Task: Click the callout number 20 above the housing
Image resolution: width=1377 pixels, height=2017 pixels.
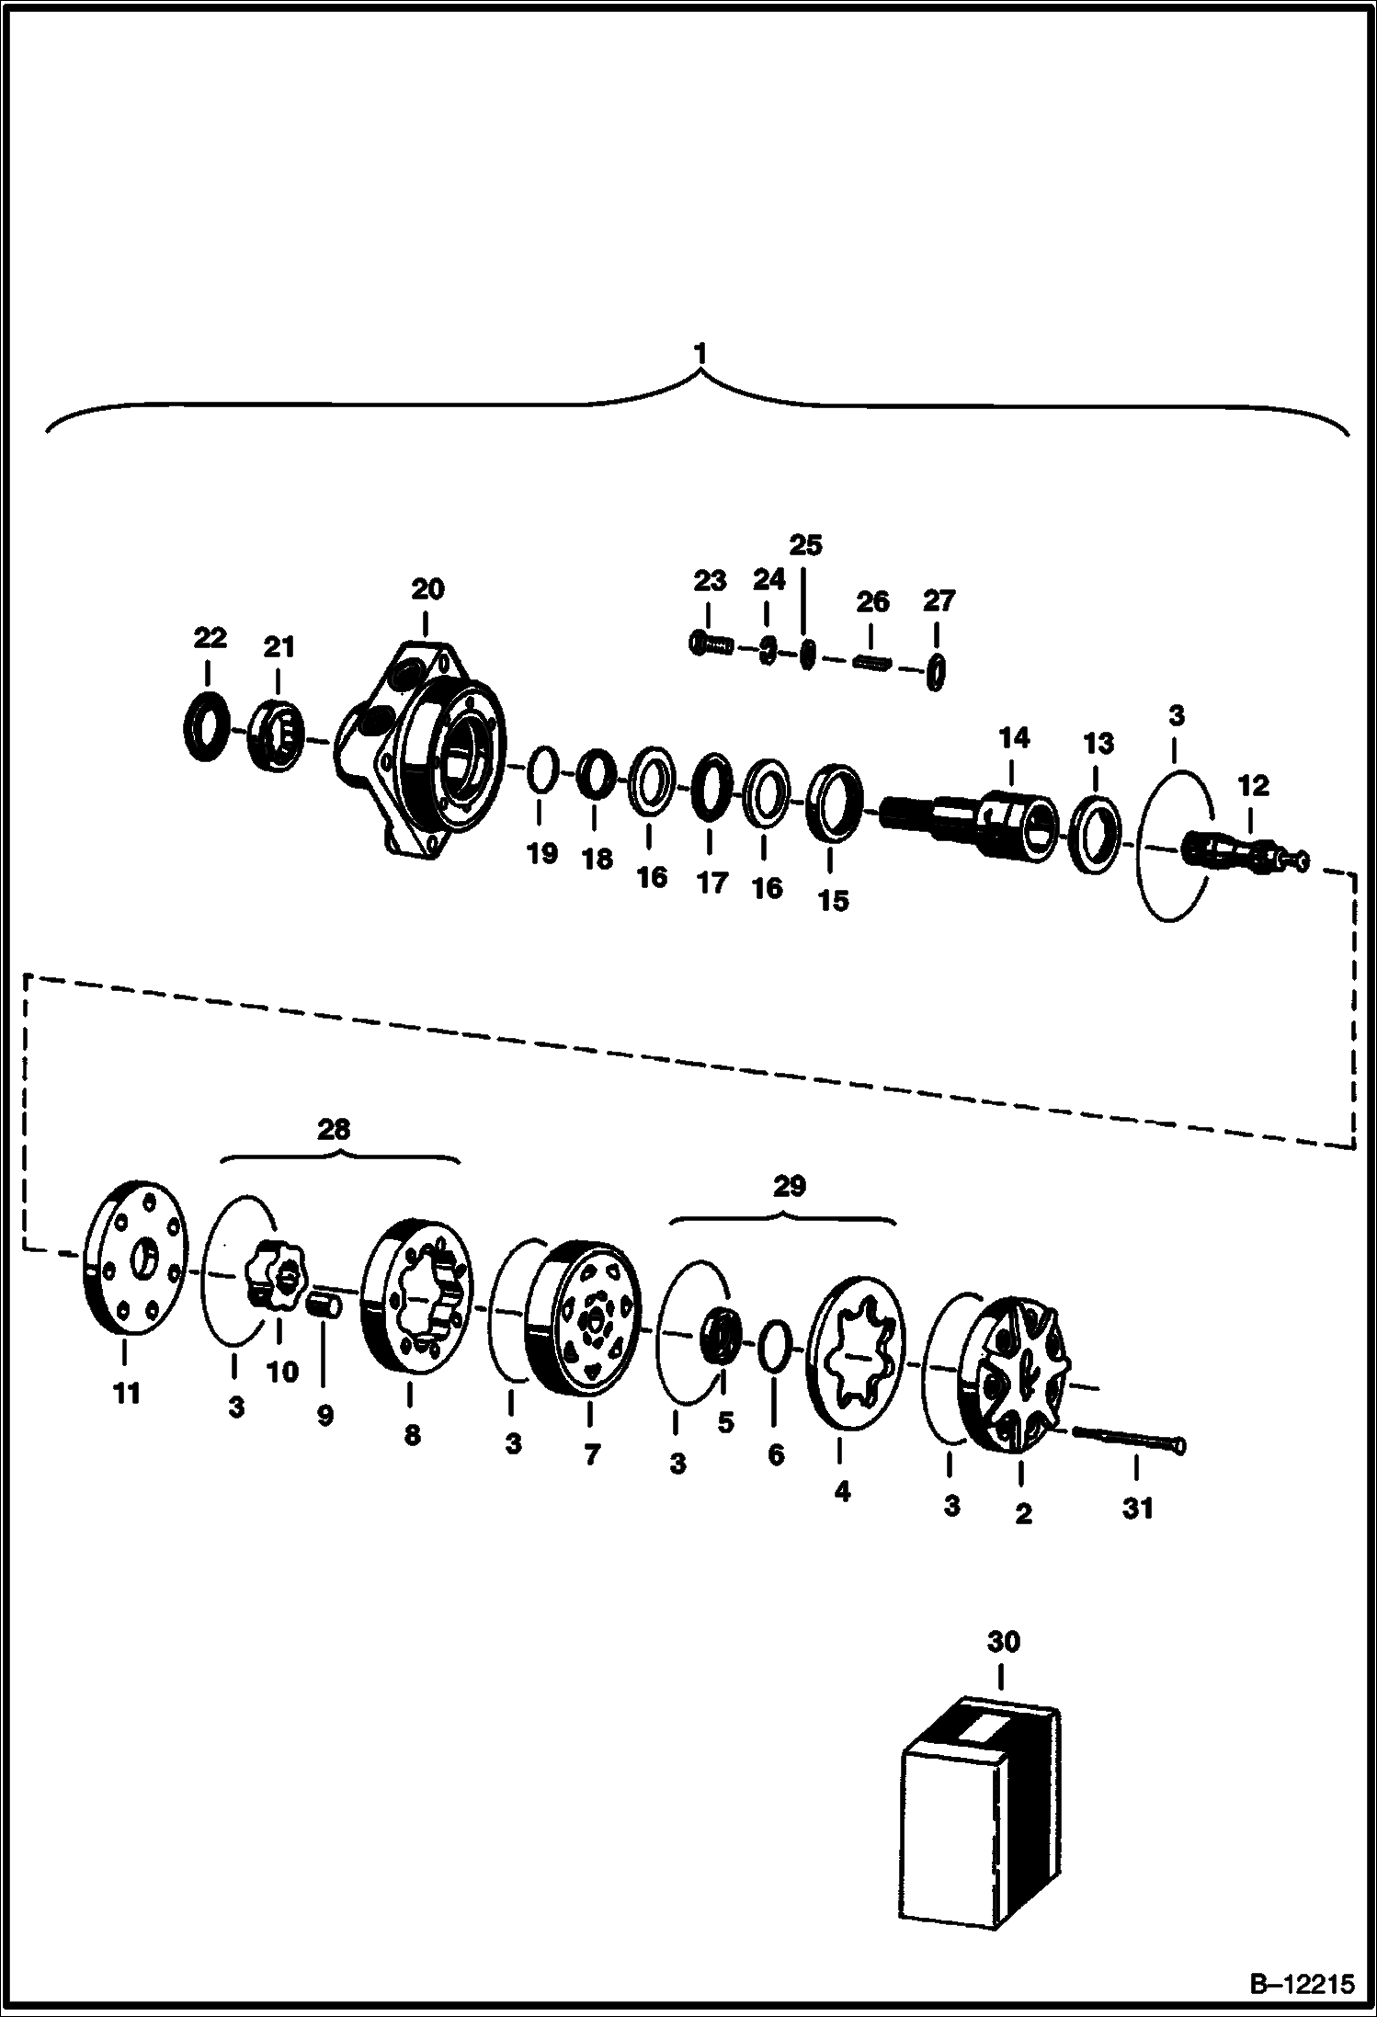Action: point(427,588)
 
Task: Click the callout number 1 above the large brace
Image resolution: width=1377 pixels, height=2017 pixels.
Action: point(701,353)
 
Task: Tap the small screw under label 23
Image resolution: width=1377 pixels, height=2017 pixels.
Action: point(710,644)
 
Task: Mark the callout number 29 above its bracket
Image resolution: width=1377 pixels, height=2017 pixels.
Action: point(789,1186)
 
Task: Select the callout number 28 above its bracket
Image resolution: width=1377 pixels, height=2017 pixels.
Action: point(334,1129)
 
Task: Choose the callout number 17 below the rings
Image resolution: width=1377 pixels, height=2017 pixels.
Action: point(711,883)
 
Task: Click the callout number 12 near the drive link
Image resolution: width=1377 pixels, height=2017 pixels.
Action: point(1254,785)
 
